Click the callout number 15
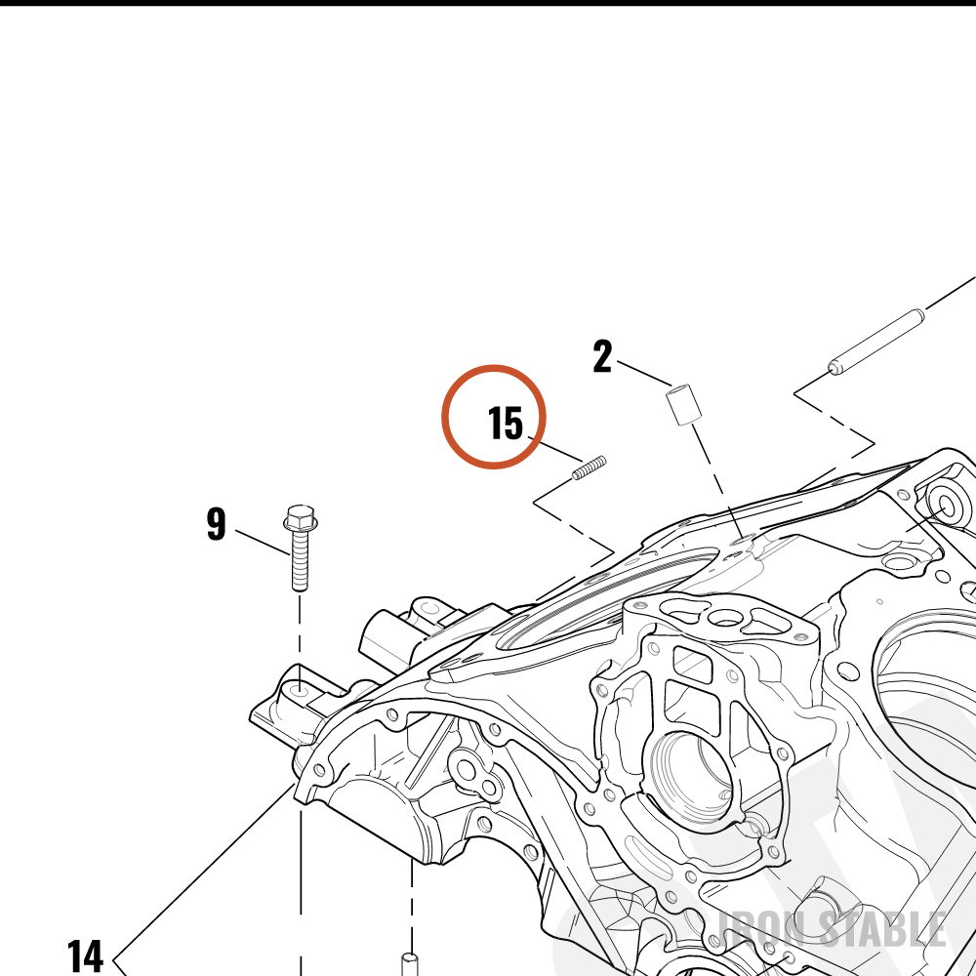pyautogui.click(x=506, y=424)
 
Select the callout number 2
pyautogui.click(x=602, y=356)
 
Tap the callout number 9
pyautogui.click(x=216, y=524)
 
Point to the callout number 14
pyautogui.click(x=85, y=956)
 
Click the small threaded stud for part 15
pyautogui.click(x=589, y=468)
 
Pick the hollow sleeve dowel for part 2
pyautogui.click(x=684, y=405)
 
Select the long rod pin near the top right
pyautogui.click(x=876, y=343)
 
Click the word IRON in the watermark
pyautogui.click(x=764, y=929)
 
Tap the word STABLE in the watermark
pyautogui.click(x=882, y=929)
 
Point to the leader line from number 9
pyautogui.click(x=263, y=542)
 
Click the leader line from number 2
pyautogui.click(x=645, y=374)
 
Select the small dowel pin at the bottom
pyautogui.click(x=409, y=964)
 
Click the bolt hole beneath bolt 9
pyautogui.click(x=300, y=690)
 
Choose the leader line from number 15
pyautogui.click(x=555, y=449)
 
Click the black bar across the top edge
pyautogui.click(x=488, y=3)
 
